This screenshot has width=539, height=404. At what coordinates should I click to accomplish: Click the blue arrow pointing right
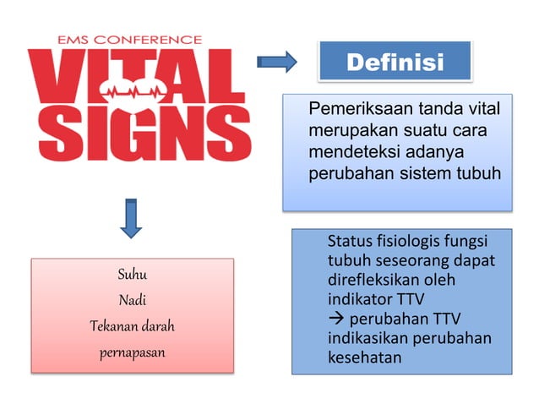(x=276, y=61)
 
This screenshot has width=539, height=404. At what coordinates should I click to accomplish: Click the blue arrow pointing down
(x=130, y=218)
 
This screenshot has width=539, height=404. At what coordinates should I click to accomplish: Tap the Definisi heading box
(x=395, y=62)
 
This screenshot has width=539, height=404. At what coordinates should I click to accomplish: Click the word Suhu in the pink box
(x=132, y=275)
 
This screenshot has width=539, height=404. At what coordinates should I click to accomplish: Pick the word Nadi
(x=131, y=299)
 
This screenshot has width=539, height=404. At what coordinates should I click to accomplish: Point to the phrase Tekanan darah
(x=131, y=325)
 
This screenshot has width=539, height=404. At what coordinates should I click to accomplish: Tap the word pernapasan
(x=132, y=351)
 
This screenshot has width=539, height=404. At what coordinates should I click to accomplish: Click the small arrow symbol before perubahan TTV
(x=335, y=319)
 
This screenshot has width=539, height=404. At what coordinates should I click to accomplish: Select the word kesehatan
(x=364, y=358)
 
